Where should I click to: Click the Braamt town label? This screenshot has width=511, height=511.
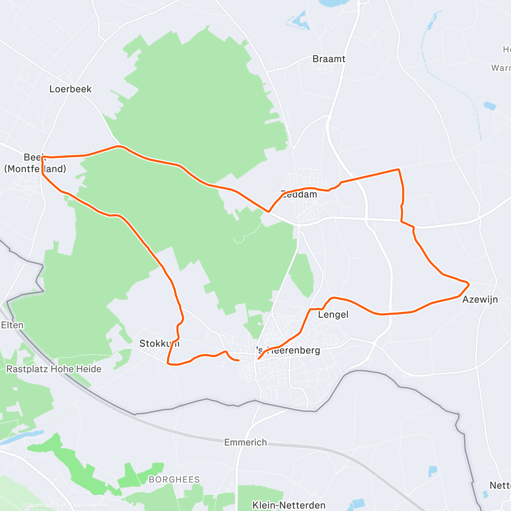pos(329,59)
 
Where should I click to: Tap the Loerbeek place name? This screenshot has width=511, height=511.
pos(70,89)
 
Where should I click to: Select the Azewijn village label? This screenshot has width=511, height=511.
pos(480,299)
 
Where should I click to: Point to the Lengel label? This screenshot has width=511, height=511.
pos(333,315)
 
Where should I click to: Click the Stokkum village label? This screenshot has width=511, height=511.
pos(159,344)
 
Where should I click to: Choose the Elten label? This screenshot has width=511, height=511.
pos(12,325)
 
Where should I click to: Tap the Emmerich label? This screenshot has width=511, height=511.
pos(246,442)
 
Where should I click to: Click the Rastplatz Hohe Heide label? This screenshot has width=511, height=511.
pos(54,369)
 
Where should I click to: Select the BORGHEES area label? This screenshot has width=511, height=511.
pos(174,479)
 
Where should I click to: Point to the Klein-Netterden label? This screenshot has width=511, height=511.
pos(289,505)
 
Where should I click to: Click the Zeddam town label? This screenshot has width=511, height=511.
pos(299,195)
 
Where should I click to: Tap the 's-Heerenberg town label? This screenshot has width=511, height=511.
pos(288,350)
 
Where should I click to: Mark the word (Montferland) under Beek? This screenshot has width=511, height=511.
pos(35,169)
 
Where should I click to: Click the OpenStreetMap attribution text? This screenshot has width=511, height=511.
pos(89,505)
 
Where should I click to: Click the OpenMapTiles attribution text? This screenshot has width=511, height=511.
pos(45,505)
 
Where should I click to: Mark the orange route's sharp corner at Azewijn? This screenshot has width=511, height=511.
pos(469,283)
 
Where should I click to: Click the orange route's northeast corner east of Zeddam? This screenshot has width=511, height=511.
pos(399,169)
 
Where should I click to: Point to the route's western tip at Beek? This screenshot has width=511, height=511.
pos(42,158)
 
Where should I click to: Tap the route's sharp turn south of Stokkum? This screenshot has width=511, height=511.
pos(168,363)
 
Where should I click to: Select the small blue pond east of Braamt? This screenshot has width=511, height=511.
pos(490,105)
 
